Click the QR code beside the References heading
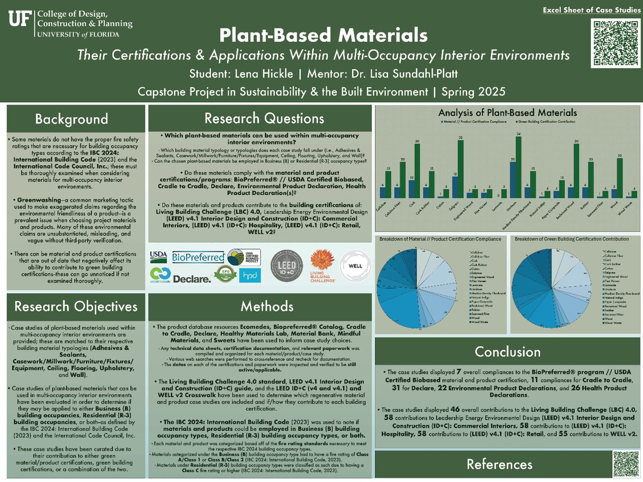pyautogui.click(x=626, y=464)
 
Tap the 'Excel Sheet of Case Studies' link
pyautogui.click(x=591, y=10)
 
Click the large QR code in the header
pyautogui.click(x=615, y=43)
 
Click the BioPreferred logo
pyautogui.click(x=198, y=257)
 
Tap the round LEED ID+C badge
pyautogui.click(x=286, y=266)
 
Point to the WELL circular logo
pyautogui.click(x=355, y=266)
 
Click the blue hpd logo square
pyautogui.click(x=250, y=275)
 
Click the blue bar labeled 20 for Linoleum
pyautogui.click(x=513, y=180)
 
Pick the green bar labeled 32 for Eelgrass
pyautogui.click(x=460, y=169)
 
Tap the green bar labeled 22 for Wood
pyautogui.click(x=620, y=178)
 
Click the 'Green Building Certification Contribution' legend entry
pyautogui.click(x=546, y=122)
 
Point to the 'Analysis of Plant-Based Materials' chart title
pyautogui.click(x=507, y=112)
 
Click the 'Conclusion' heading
pyautogui.click(x=507, y=352)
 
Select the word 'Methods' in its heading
pyautogui.click(x=267, y=306)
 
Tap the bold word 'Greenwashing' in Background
pyautogui.click(x=39, y=200)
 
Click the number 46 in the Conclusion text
pyautogui.click(x=455, y=409)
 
